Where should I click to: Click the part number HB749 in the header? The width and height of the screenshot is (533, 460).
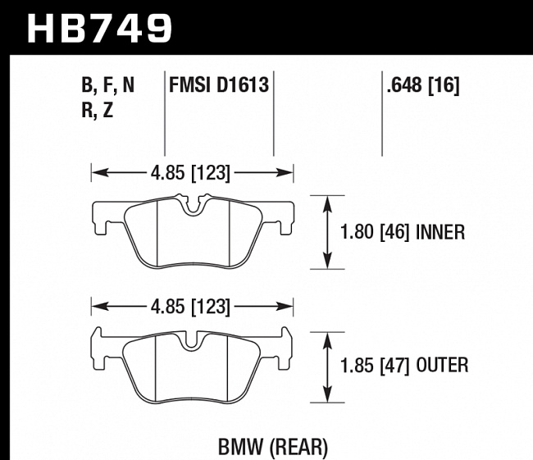101,27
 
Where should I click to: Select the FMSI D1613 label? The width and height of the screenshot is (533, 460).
219,84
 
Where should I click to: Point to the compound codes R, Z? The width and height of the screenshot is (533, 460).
98,111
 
